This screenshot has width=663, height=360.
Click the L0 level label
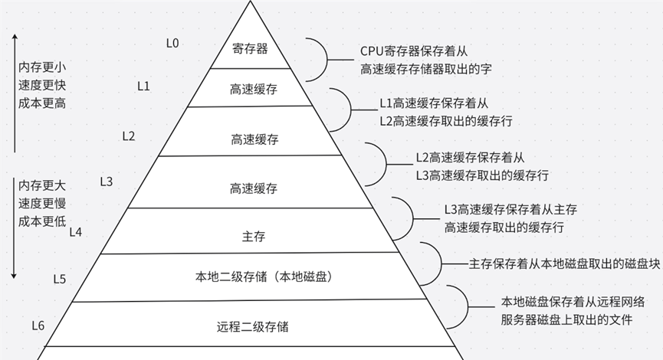pyautogui.click(x=172, y=43)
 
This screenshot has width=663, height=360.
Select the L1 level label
pyautogui.click(x=143, y=85)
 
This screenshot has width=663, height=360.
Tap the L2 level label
pyautogui.click(x=129, y=136)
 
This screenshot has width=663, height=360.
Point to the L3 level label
pyautogui.click(x=107, y=182)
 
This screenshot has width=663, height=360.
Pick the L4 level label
pyautogui.click(x=75, y=231)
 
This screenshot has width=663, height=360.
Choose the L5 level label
pyautogui.click(x=60, y=279)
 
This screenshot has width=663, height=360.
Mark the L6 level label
pyautogui.click(x=38, y=326)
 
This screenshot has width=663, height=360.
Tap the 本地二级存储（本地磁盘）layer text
pyautogui.click(x=264, y=277)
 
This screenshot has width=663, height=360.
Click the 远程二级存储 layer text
pyautogui.click(x=253, y=327)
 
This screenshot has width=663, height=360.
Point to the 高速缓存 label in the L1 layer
pyautogui.click(x=253, y=90)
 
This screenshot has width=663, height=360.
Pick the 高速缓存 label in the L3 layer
pyautogui.click(x=254, y=188)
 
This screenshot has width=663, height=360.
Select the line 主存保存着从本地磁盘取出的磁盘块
pyautogui.click(x=564, y=263)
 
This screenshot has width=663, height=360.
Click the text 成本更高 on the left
pyautogui.click(x=42, y=103)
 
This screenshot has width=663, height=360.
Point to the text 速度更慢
pyautogui.click(x=42, y=204)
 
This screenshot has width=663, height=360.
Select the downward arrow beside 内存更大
pyautogui.click(x=15, y=230)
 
